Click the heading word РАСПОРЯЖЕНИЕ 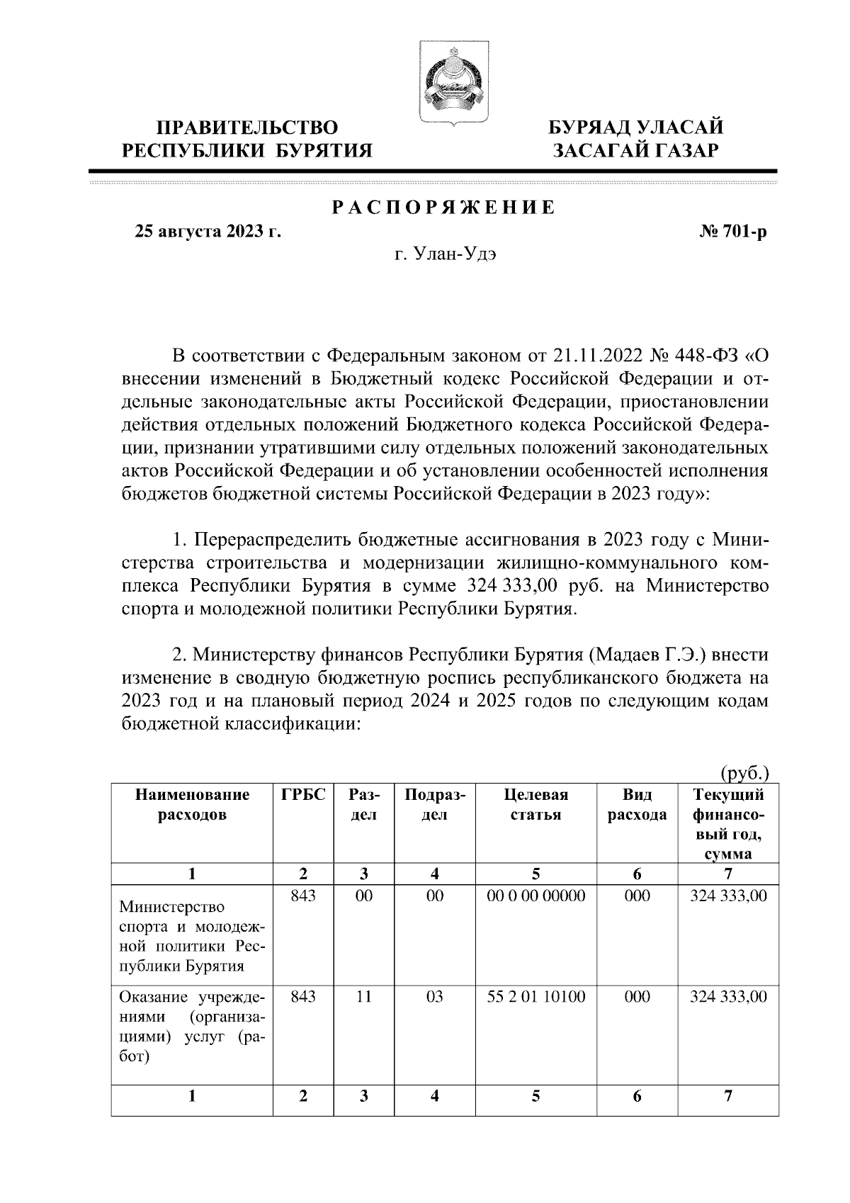[x=443, y=208]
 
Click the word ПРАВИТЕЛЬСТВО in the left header [x=246, y=128]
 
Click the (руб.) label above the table [x=744, y=773]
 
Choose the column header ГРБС [x=303, y=795]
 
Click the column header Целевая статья [x=535, y=805]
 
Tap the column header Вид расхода [x=637, y=805]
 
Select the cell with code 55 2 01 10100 [x=536, y=997]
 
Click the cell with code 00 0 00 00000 [x=536, y=896]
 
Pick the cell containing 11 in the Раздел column [x=363, y=997]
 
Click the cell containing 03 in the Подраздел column [x=434, y=997]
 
